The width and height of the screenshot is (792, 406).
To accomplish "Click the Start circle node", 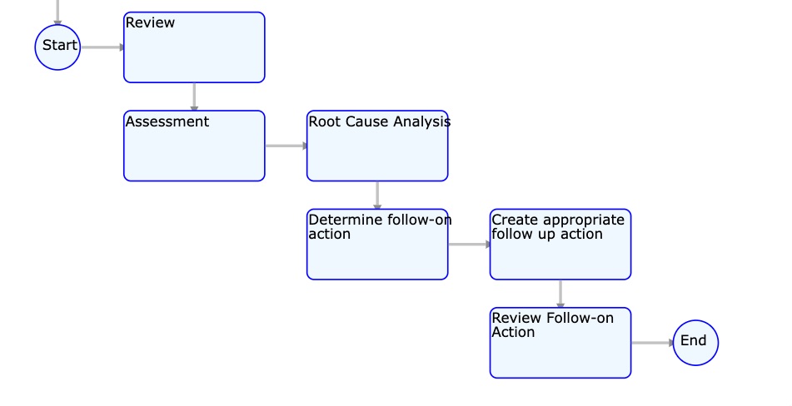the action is [57, 47].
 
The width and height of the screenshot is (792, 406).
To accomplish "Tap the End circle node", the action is [695, 343].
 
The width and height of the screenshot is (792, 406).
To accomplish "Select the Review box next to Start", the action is [195, 47].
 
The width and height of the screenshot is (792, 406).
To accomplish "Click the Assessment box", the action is [195, 146].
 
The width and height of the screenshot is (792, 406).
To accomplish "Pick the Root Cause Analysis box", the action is [377, 146].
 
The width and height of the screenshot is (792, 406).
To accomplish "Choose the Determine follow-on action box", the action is [377, 244].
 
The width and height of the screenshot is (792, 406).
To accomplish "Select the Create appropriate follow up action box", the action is [560, 244].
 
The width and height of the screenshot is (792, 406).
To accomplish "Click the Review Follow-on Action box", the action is [560, 343].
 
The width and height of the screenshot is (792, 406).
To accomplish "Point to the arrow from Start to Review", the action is [102, 47].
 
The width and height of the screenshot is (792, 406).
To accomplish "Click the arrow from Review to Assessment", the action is [195, 97].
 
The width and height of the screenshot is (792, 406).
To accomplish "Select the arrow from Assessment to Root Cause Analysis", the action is [286, 146].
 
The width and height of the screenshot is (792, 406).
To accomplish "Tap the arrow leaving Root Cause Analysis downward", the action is [377, 196].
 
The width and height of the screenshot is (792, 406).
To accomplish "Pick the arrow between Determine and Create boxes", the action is [469, 244].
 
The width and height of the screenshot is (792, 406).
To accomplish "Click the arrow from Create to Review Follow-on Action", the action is [560, 294].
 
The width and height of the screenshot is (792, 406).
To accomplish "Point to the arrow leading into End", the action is [652, 343].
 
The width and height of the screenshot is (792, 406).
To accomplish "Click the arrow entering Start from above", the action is [57, 12].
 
